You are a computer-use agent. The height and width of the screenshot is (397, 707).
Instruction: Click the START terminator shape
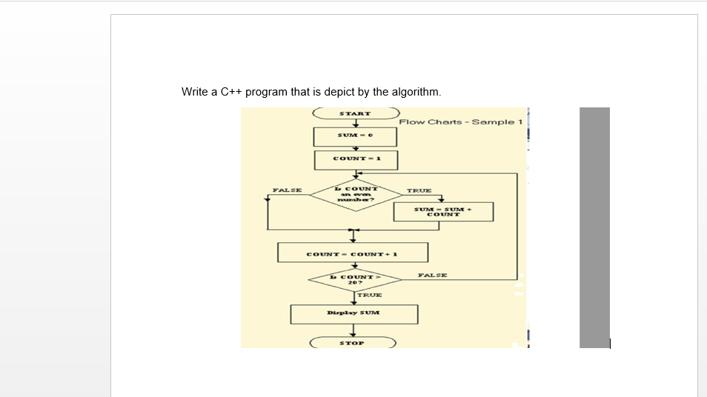[355, 114]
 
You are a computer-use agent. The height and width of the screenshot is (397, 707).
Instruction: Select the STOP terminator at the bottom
[352, 343]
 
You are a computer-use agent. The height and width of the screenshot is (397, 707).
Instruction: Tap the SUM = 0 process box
[355, 136]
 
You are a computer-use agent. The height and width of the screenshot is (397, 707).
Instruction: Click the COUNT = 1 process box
[355, 159]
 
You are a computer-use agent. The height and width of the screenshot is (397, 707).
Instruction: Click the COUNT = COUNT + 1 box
[353, 253]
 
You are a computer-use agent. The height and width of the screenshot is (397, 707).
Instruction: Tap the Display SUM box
[353, 313]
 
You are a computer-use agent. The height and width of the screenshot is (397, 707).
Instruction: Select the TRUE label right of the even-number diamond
[419, 190]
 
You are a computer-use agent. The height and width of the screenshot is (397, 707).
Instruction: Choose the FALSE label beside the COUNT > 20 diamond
[432, 275]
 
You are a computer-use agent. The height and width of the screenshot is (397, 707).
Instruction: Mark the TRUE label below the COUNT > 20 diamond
[369, 295]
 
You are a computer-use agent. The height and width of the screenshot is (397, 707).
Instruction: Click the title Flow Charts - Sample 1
[460, 121]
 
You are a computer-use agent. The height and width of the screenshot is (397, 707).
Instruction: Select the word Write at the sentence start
[194, 92]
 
